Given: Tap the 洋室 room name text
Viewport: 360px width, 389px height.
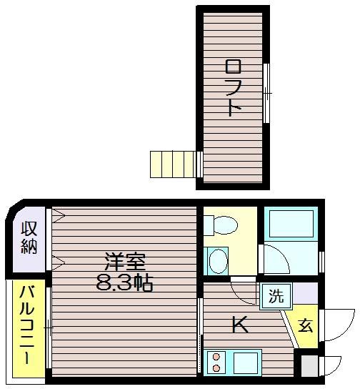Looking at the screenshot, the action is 125,262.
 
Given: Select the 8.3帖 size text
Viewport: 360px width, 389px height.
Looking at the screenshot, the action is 124,283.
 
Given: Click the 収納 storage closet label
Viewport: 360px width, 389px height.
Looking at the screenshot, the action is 29,237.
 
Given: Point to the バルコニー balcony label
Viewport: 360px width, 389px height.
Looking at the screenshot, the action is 27,325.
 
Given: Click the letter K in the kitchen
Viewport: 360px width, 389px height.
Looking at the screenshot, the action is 239,324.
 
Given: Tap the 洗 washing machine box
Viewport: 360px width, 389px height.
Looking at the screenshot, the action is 276,296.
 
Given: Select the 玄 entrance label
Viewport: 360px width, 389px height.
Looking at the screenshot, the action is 305,326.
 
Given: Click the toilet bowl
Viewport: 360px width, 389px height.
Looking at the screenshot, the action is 224,225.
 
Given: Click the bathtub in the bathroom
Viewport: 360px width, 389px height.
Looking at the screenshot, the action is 291,224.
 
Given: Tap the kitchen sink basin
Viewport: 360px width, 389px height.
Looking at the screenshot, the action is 246,363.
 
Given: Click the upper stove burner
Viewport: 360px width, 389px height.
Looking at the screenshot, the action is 216,357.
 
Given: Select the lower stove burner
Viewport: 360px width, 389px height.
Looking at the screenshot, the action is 216,368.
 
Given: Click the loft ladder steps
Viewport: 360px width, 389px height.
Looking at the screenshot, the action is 173,164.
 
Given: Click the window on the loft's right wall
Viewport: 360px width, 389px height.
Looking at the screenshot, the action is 266,93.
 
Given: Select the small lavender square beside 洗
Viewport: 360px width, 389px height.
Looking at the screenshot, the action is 305,293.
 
